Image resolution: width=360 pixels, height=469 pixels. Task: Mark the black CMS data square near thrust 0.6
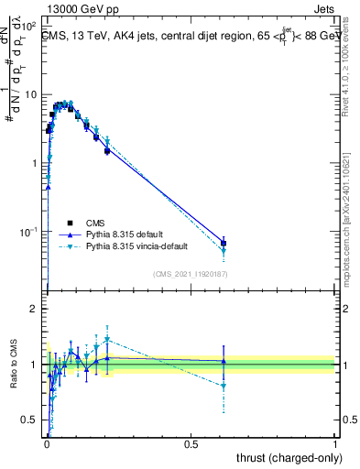224,244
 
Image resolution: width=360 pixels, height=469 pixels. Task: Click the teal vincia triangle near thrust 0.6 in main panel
224,251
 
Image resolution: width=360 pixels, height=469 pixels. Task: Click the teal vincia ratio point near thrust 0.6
224,386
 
